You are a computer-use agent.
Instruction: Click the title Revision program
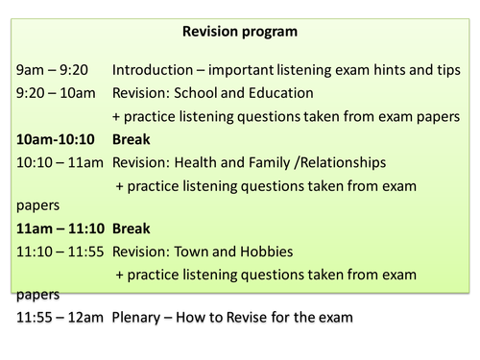coord(239,32)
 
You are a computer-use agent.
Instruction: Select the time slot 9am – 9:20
coord(52,71)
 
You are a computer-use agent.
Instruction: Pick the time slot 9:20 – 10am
coord(58,94)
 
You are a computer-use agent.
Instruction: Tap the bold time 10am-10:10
coord(57,139)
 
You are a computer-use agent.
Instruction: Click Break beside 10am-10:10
coord(132,139)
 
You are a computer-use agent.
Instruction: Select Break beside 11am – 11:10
coord(132,230)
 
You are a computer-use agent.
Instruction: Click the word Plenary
coord(140,317)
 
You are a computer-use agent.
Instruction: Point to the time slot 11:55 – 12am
coord(59,317)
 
